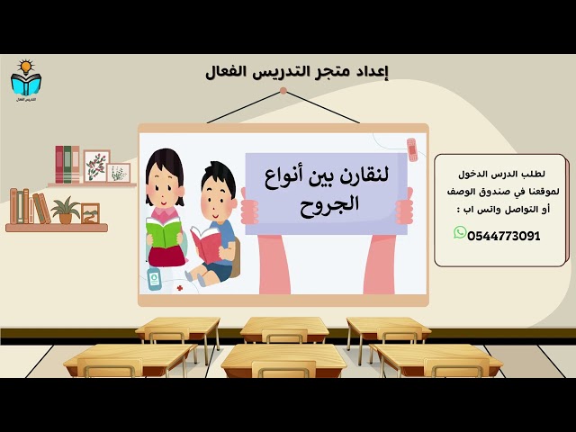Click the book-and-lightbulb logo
pos(24,80)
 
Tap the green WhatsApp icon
pos(461,233)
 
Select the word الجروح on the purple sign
pos(331,203)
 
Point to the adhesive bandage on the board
pos(412,148)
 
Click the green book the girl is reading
pos(165,233)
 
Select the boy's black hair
pos(220,175)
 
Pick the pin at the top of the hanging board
pos(283,91)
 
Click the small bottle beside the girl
pos(154,278)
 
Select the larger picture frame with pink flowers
pos(96,166)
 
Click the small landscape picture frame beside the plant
pos(90,213)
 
